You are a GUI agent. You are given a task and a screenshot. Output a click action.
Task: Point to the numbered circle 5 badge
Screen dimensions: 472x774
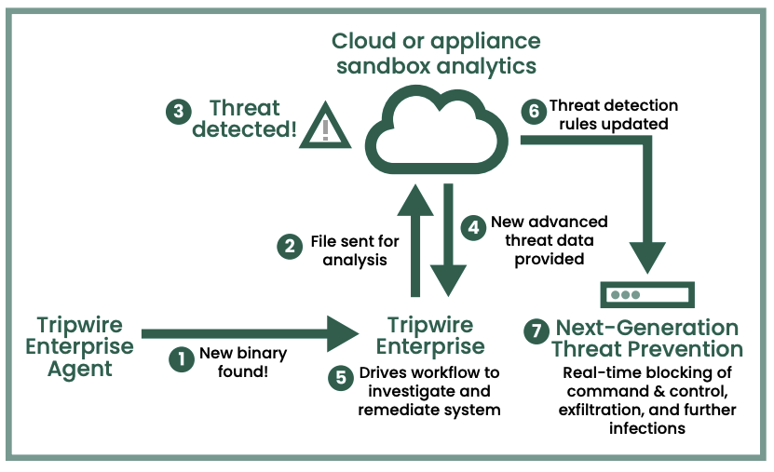pos(341,378)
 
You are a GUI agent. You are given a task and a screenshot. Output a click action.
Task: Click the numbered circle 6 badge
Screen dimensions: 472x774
pos(533,112)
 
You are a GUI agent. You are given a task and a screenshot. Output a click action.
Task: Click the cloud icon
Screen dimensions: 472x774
pos(437,130)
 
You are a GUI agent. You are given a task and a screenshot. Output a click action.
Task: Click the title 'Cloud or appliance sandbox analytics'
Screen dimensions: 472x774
pos(436,53)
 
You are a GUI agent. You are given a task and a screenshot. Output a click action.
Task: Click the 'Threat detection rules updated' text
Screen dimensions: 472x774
pos(614,115)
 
